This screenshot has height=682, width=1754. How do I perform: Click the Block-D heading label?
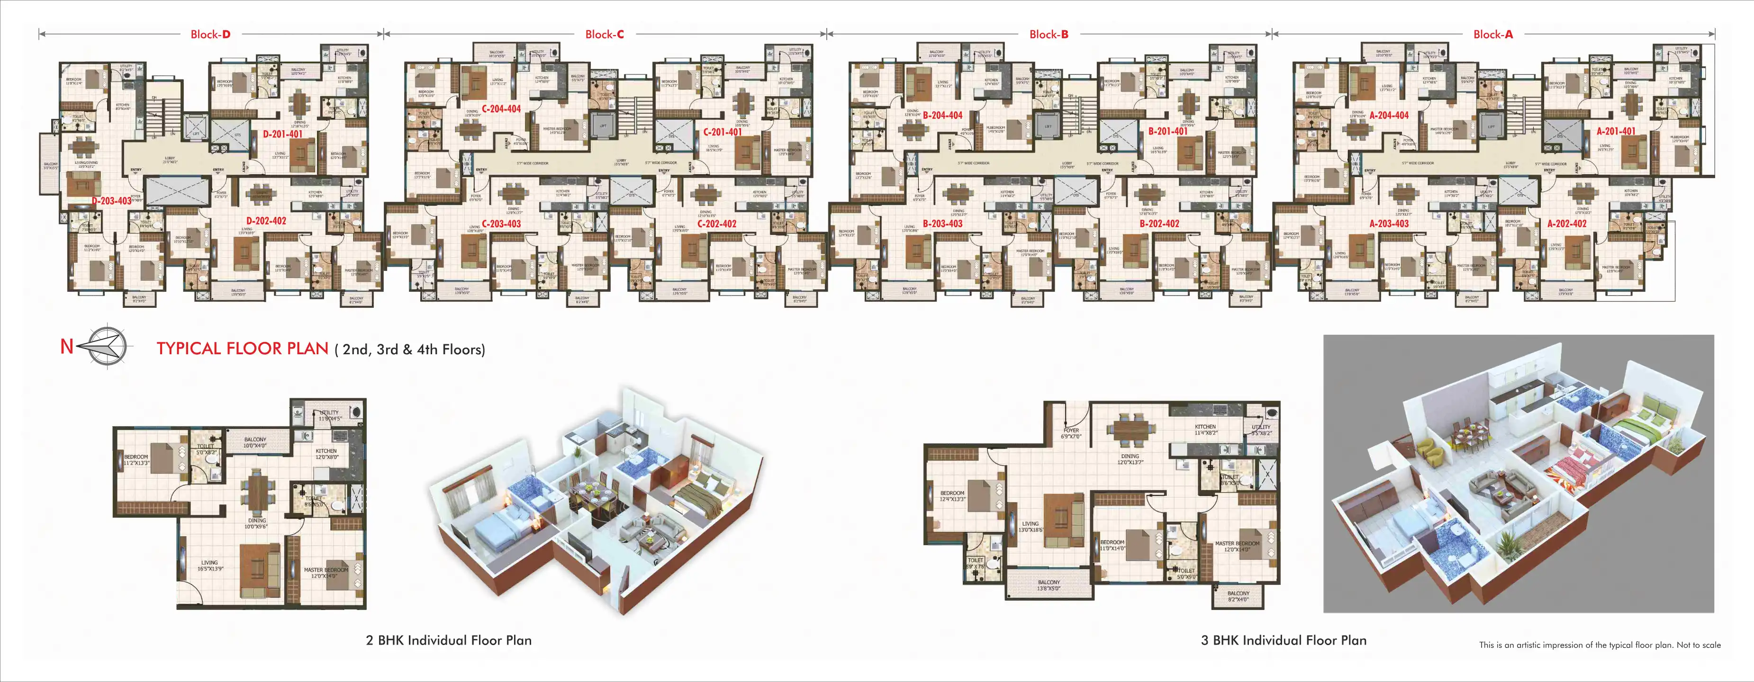[x=210, y=35]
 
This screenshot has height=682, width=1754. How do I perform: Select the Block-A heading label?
[x=1492, y=35]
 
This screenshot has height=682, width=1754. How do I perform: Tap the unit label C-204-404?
[x=501, y=109]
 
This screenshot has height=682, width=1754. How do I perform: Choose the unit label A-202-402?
[x=1567, y=223]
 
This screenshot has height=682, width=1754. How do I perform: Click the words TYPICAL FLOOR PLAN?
[x=243, y=349]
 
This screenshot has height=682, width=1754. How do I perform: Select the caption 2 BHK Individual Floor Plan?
[x=449, y=640]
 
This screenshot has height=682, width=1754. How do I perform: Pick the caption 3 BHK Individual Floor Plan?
[x=1284, y=640]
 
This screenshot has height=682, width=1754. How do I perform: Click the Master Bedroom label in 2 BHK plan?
[x=325, y=573]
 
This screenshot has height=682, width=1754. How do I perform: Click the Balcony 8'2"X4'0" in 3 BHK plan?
[x=1239, y=596]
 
